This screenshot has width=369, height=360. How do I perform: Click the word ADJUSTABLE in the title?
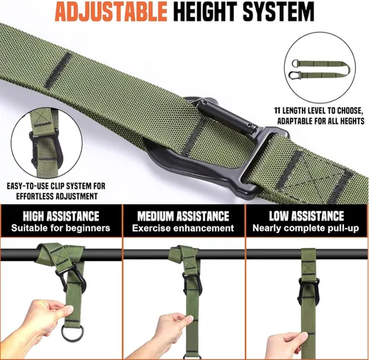click(111, 12)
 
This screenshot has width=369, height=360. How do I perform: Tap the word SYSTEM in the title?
click(278, 12)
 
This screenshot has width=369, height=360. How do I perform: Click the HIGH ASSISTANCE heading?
click(61, 216)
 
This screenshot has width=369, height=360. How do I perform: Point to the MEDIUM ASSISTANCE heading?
click(183, 216)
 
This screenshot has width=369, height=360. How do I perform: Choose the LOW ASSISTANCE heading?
click(306, 216)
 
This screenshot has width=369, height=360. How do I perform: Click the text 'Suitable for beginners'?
click(61, 228)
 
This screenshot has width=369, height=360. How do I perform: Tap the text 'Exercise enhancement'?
click(183, 228)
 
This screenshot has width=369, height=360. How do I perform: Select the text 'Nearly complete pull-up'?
click(306, 229)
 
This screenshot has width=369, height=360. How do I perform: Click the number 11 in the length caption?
click(277, 111)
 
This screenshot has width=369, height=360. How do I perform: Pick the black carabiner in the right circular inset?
click(294, 75)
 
